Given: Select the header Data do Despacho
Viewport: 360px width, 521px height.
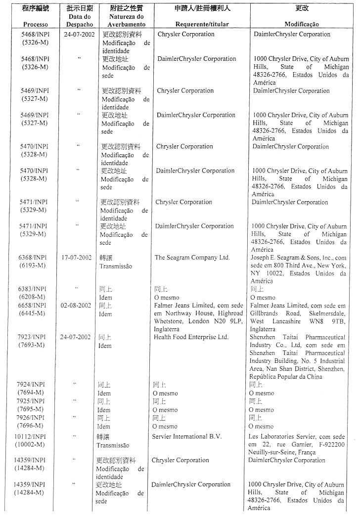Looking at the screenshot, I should click(79, 20).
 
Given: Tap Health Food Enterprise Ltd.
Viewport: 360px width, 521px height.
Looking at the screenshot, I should click(191, 337).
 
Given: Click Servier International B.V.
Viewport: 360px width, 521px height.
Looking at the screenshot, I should click(187, 436).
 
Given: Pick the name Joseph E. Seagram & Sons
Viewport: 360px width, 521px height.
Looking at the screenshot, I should click(287, 258).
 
